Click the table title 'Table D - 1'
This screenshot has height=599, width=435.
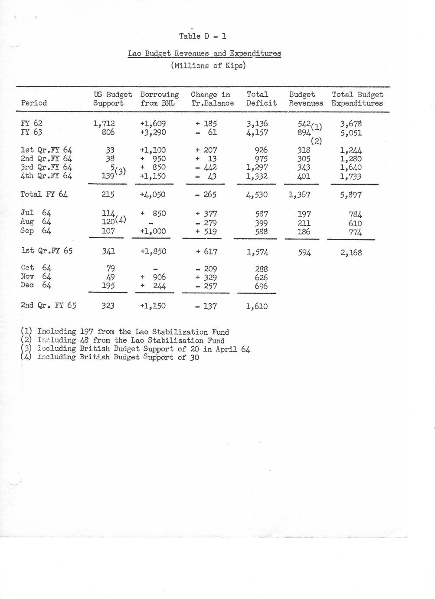[x=203, y=36]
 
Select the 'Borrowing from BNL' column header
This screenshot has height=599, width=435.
[x=159, y=99]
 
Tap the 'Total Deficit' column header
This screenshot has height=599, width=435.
[x=262, y=99]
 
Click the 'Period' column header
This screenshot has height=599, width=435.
[x=34, y=103]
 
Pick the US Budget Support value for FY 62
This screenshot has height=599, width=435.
[x=104, y=124]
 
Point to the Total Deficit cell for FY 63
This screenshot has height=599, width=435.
[x=257, y=132]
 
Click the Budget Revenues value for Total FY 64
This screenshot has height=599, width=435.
[x=300, y=195]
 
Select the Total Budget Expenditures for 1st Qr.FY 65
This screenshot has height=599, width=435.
[x=351, y=252]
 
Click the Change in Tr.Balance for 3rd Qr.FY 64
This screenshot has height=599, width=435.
[x=206, y=168]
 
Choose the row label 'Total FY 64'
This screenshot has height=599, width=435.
[x=44, y=194]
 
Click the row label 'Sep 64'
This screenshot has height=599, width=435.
[x=36, y=231]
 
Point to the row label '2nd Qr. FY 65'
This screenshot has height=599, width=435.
[x=48, y=305]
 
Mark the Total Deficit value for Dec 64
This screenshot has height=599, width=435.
[x=262, y=286]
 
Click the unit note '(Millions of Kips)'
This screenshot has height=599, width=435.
[x=208, y=66]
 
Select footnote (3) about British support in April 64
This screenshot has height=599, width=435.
[x=135, y=349]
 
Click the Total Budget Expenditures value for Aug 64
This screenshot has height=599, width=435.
[x=355, y=223]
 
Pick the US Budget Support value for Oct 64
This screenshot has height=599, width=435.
[x=111, y=269]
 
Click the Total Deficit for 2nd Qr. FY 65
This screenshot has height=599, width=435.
[x=257, y=306]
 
